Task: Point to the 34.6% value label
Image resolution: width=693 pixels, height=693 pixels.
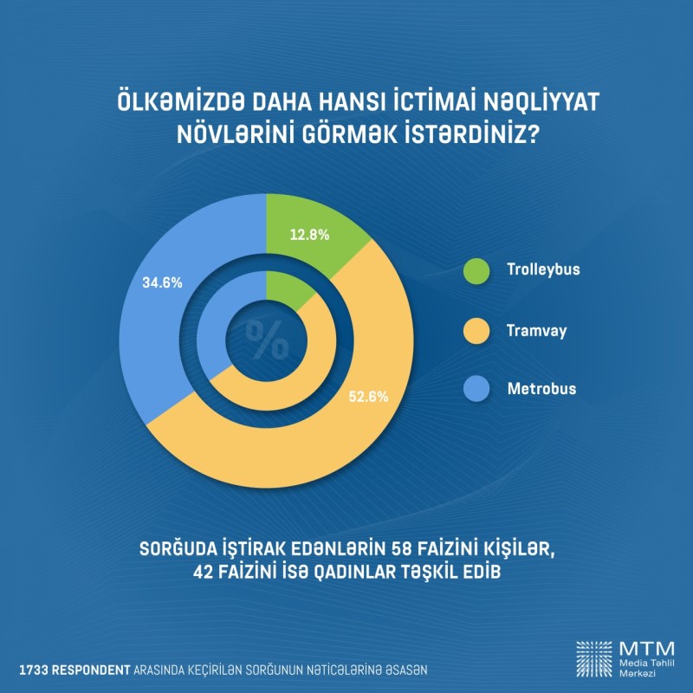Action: [x=161, y=283]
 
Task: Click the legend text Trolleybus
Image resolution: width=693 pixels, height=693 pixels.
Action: [x=543, y=269]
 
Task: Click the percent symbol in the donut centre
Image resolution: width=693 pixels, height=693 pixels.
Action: [x=267, y=339]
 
